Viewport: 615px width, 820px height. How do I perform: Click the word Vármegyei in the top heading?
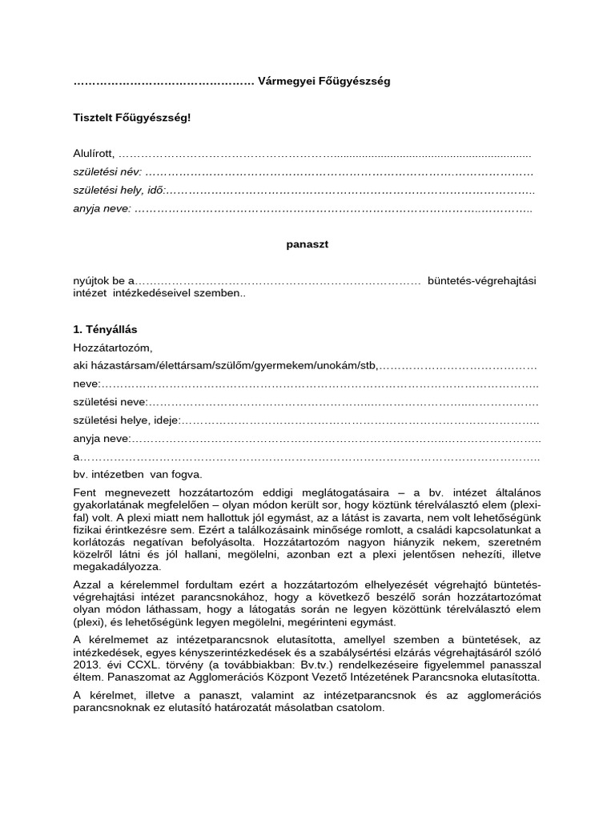286,82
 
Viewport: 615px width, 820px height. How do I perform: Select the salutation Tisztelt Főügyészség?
132,118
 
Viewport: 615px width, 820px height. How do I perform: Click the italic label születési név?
107,172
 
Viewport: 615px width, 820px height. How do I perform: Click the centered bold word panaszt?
307,245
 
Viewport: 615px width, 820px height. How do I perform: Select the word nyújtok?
91,281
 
